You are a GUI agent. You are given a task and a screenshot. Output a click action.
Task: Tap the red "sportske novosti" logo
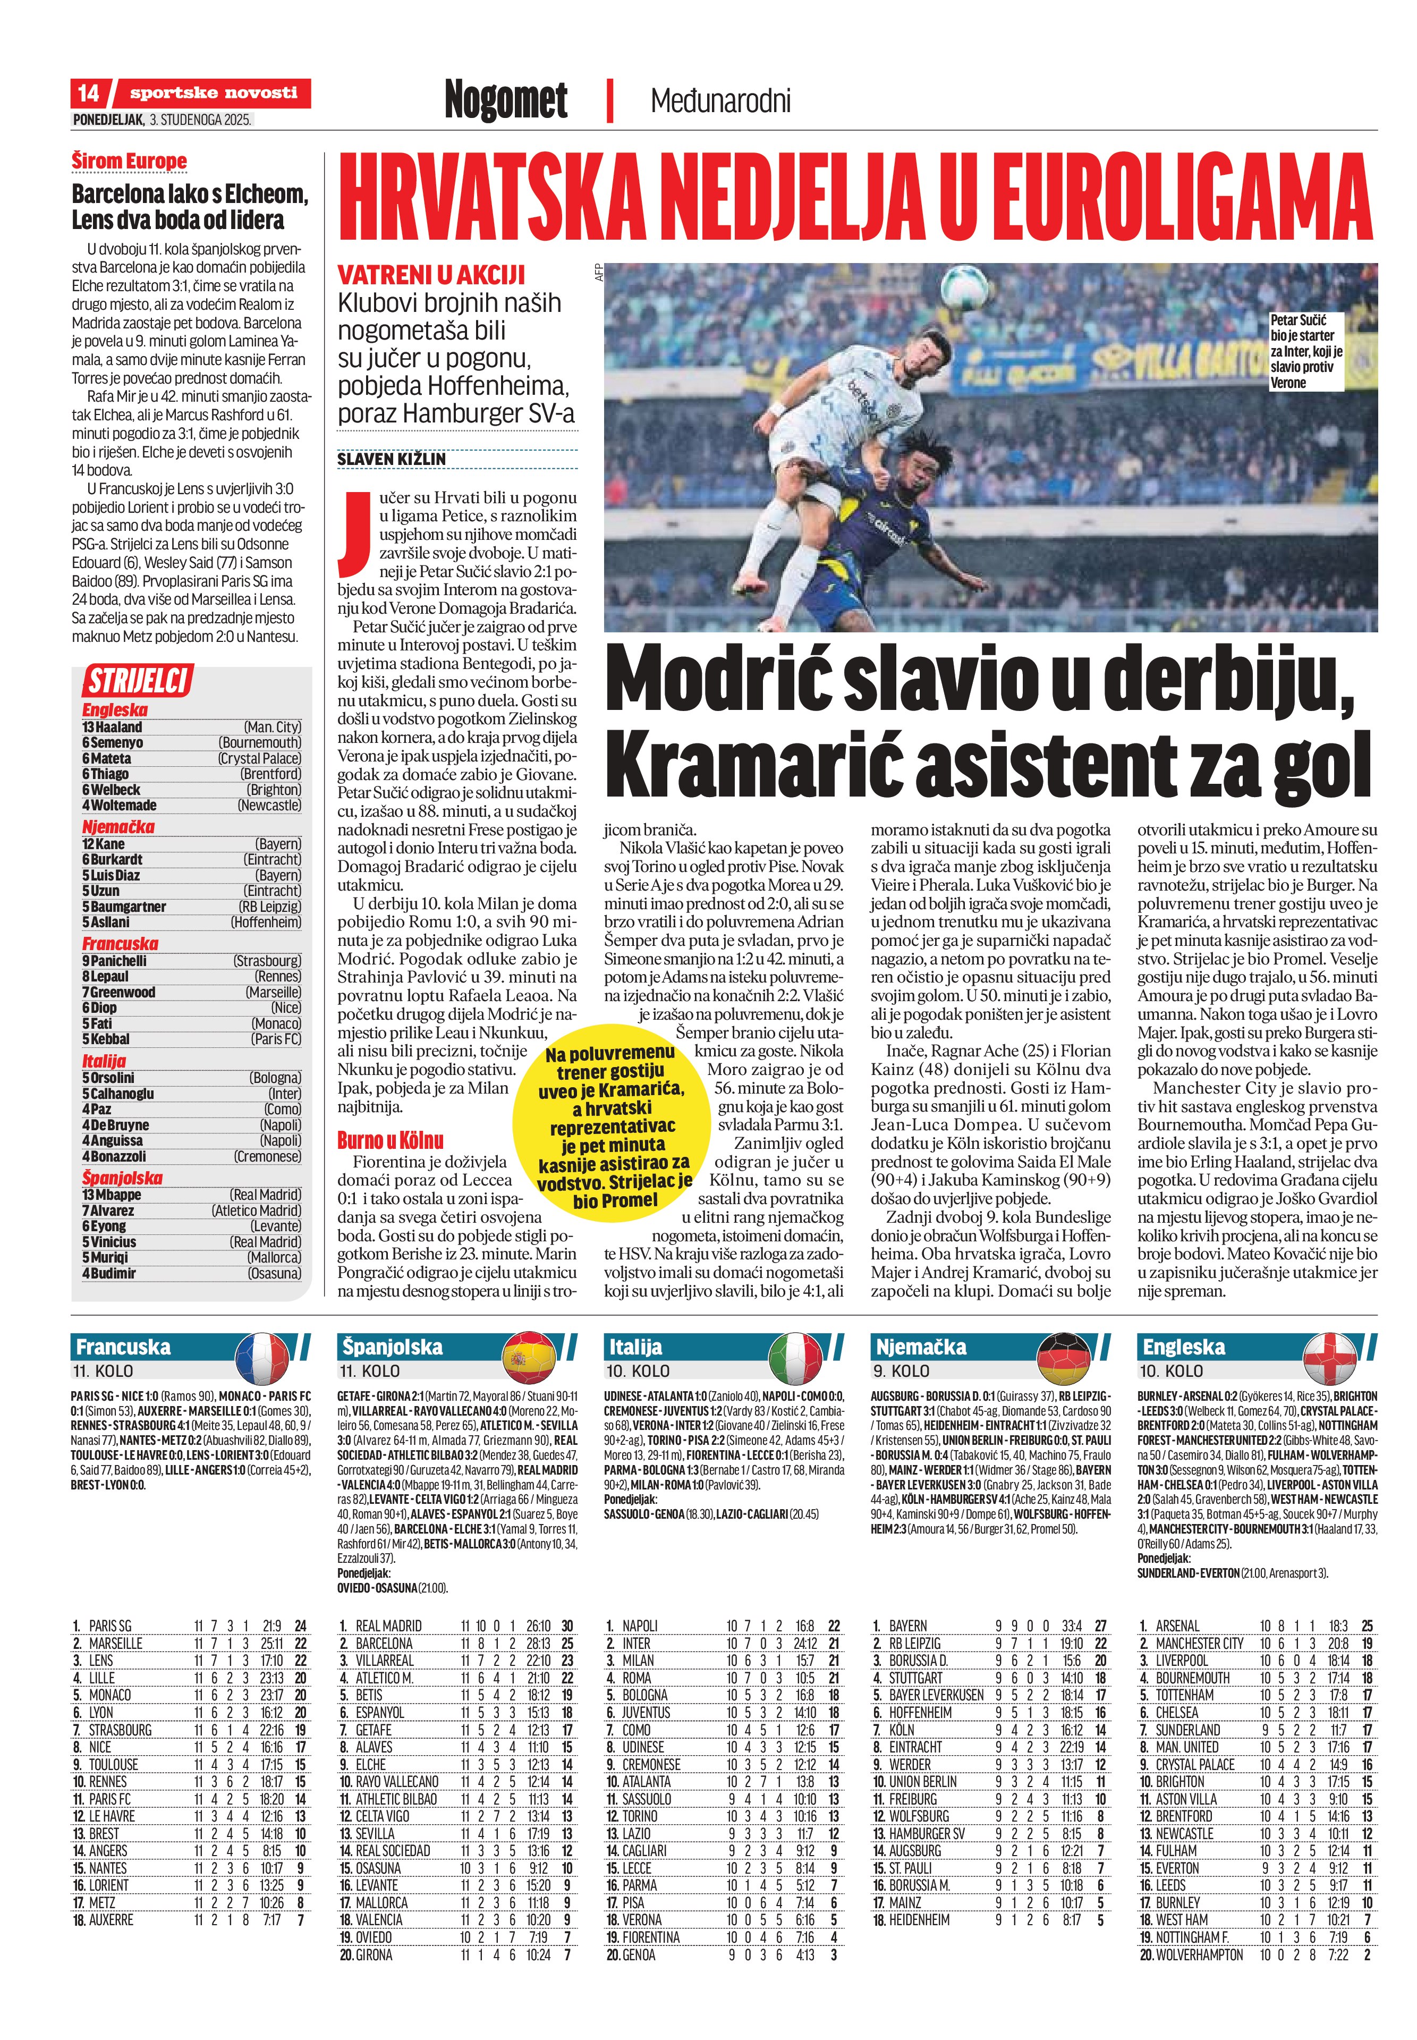click(x=213, y=93)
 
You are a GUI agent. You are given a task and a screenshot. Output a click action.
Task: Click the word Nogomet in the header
click(x=506, y=99)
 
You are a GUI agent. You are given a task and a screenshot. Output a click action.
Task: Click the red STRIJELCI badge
click(x=138, y=682)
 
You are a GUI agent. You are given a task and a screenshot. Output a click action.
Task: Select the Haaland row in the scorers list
click(x=191, y=727)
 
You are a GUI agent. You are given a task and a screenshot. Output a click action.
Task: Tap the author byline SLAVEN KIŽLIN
click(x=392, y=460)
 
